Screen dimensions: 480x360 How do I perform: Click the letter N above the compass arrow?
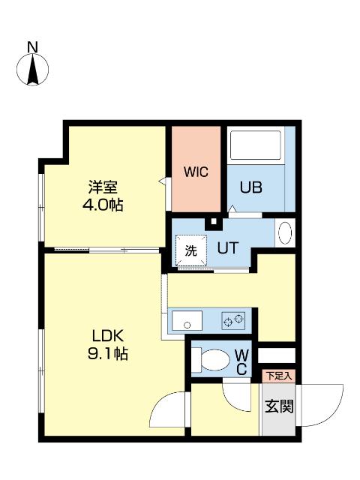tap(32, 47)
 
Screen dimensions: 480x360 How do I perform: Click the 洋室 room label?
tap(103, 187)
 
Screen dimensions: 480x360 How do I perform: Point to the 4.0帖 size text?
tap(103, 204)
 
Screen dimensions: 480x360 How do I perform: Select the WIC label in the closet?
tap(196, 171)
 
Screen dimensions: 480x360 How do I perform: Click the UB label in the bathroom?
tap(250, 187)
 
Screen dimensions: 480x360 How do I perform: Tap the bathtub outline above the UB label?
tap(255, 146)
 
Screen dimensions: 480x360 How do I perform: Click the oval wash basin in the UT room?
tap(285, 233)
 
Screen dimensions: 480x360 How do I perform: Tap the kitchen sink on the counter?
tap(187, 322)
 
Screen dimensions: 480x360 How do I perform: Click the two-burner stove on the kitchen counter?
tap(233, 321)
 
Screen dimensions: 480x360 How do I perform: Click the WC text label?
tap(241, 361)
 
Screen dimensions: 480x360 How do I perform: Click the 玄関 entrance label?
tap(278, 406)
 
